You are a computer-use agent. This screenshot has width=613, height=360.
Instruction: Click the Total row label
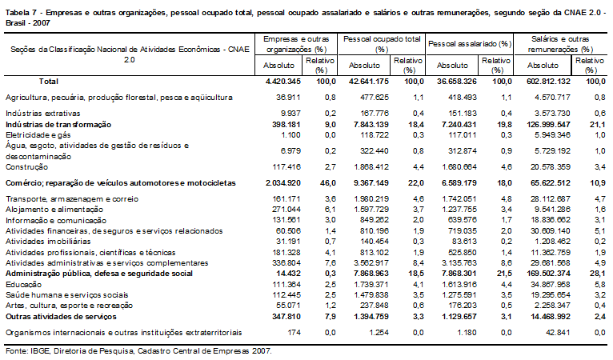[49, 82]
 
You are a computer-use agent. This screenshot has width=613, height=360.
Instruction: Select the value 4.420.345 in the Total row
[283, 82]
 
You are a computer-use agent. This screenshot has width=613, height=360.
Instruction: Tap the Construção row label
[27, 167]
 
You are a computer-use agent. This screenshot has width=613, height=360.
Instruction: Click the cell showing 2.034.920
[283, 183]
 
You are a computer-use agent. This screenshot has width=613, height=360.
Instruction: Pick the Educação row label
[23, 285]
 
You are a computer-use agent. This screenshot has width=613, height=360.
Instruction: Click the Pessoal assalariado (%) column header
[470, 44]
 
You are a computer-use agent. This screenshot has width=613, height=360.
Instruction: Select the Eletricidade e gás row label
[38, 135]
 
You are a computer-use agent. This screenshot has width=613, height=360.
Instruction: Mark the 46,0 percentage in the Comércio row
[328, 183]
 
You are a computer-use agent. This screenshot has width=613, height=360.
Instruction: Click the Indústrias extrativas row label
[42, 114]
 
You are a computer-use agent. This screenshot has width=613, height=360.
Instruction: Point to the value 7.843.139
[369, 125]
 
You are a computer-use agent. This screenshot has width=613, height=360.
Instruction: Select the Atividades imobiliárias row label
[48, 242]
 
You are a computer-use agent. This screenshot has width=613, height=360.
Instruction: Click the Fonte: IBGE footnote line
[138, 351]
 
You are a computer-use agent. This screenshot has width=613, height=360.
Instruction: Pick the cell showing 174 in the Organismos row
[293, 333]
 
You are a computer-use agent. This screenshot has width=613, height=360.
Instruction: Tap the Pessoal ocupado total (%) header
[382, 44]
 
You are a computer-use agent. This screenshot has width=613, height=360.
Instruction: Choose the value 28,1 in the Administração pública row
[598, 274]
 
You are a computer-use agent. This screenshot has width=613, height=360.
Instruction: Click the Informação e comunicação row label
[56, 221]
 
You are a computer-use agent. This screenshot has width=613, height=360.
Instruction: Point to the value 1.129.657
[457, 317]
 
